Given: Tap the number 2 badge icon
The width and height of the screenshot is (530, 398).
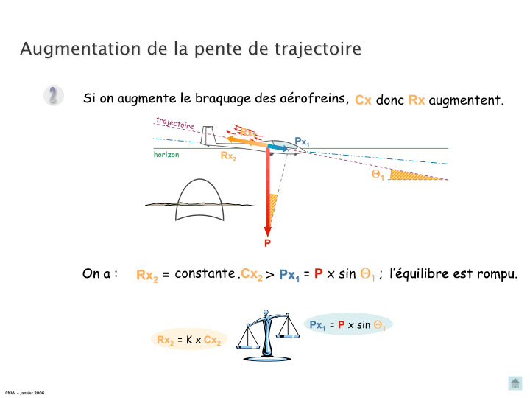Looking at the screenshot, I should [53, 96].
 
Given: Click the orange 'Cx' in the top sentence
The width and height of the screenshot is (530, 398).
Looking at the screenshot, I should [363, 100].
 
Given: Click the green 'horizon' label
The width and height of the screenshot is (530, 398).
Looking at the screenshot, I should [166, 155].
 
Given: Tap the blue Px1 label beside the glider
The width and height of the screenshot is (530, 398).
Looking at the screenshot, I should [301, 141].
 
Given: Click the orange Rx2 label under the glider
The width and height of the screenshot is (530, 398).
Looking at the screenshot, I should [228, 156].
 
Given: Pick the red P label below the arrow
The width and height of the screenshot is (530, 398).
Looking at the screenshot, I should [267, 242].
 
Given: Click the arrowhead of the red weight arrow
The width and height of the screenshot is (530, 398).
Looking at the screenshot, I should [268, 230].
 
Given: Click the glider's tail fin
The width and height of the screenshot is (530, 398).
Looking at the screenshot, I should [207, 136].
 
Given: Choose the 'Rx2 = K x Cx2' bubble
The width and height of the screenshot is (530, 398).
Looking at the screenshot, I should [188, 340].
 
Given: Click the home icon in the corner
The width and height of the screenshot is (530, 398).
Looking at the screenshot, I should [515, 383].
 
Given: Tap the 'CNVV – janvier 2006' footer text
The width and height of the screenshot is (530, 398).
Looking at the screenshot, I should [24, 393].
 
